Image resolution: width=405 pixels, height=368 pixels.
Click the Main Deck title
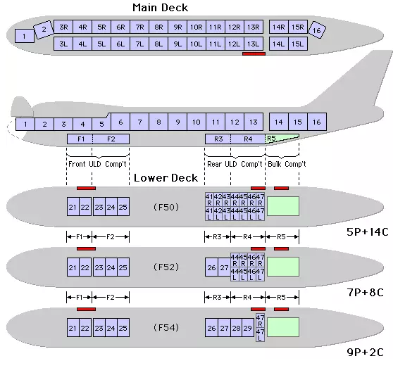[160, 8]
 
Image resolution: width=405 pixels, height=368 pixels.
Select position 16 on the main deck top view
[317, 30]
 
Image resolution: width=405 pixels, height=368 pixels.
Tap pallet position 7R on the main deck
[139, 27]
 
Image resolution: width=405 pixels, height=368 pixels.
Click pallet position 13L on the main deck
[254, 44]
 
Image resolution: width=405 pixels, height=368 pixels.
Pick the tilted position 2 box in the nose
[44, 30]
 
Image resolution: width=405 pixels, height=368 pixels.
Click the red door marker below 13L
[254, 53]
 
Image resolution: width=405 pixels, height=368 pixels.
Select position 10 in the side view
[197, 122]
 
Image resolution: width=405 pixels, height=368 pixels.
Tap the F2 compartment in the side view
[111, 139]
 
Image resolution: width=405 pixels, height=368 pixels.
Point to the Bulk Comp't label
[287, 164]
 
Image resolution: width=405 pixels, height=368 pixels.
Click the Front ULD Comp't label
[97, 164]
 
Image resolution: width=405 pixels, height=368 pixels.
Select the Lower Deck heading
[166, 178]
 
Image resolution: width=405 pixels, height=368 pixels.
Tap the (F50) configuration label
[166, 207]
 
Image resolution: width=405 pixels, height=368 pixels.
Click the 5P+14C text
[367, 232]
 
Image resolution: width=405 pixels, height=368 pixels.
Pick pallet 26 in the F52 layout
[211, 267]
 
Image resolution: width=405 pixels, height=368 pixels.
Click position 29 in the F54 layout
[248, 328]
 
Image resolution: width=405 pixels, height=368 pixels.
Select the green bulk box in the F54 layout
[283, 327]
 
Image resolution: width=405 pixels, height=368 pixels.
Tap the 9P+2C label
[365, 353]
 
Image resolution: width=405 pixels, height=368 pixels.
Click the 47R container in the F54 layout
[260, 320]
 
